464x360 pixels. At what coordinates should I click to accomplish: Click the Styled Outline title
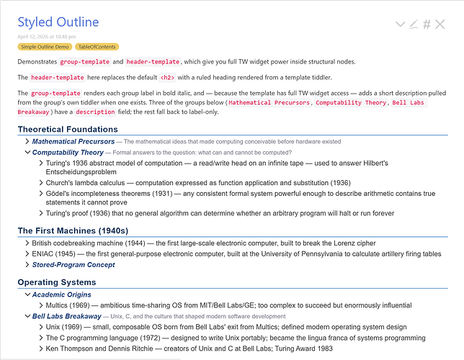[x=58, y=22]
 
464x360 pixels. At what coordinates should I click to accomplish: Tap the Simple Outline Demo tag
[x=44, y=47]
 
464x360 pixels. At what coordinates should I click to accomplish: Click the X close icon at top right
[x=441, y=24]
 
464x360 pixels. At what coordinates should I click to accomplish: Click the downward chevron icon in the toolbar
[x=401, y=24]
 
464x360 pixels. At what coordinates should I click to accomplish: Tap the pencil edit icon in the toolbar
[x=414, y=24]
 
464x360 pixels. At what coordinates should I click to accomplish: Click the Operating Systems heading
[x=57, y=282]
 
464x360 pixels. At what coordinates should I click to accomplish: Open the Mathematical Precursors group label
[x=73, y=142]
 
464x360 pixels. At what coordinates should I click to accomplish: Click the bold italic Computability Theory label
[x=68, y=153]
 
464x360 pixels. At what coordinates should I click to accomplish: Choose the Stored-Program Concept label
[x=73, y=265]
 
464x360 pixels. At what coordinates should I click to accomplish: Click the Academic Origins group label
[x=61, y=294]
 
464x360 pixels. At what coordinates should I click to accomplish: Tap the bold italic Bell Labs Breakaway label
[x=66, y=316]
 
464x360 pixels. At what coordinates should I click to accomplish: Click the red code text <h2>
[x=166, y=77]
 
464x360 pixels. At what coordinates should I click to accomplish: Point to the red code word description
[x=95, y=112]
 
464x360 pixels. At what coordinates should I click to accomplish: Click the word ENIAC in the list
[x=45, y=254]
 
